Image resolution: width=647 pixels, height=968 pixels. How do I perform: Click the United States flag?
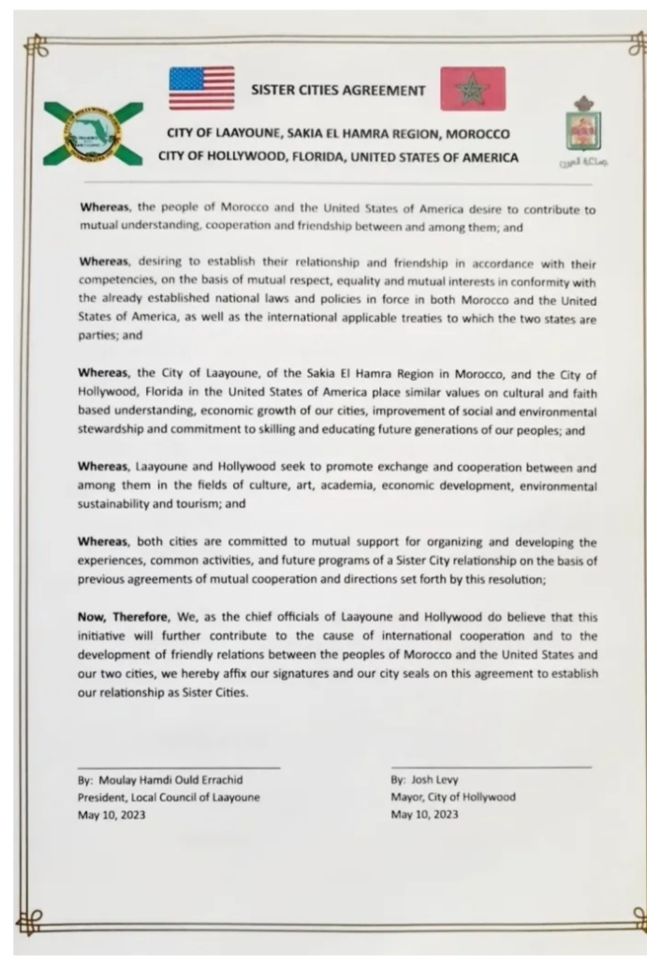click(201, 88)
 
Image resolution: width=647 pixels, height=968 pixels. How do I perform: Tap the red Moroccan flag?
click(472, 89)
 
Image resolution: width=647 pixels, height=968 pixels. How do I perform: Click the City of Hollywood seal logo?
click(92, 134)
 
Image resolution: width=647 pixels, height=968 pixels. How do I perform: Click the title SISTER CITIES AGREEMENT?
click(338, 91)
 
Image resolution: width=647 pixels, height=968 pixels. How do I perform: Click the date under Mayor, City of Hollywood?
click(424, 815)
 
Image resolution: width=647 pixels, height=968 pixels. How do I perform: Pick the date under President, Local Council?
click(111, 815)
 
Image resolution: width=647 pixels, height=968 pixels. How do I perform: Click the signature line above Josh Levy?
click(491, 767)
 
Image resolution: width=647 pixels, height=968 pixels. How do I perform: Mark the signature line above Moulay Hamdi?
click(178, 767)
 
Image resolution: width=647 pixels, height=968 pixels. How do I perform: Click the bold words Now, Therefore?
click(122, 617)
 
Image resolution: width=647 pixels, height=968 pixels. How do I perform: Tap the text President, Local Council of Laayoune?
click(169, 797)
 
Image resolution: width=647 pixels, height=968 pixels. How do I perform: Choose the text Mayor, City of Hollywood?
click(452, 797)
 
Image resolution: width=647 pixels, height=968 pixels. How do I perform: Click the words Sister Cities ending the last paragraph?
click(217, 694)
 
